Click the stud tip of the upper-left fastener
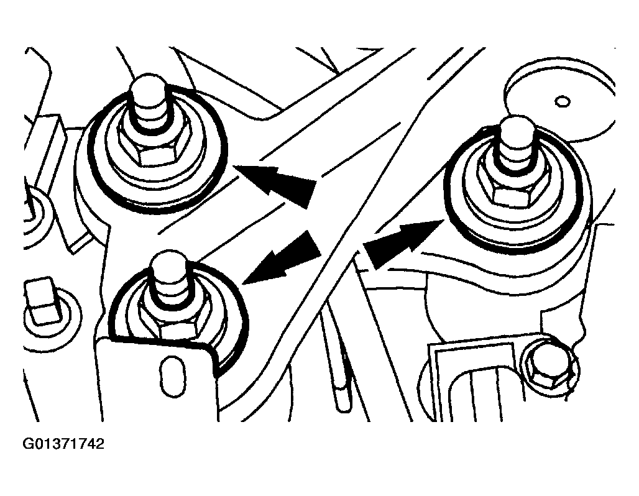pyautogui.click(x=150, y=101)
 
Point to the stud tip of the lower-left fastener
pyautogui.click(x=170, y=278)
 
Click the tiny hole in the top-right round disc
pyautogui.click(x=563, y=101)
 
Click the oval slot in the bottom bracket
pyautogui.click(x=171, y=375)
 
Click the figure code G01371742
pyautogui.click(x=63, y=444)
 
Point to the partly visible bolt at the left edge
pyautogui.click(x=35, y=217)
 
